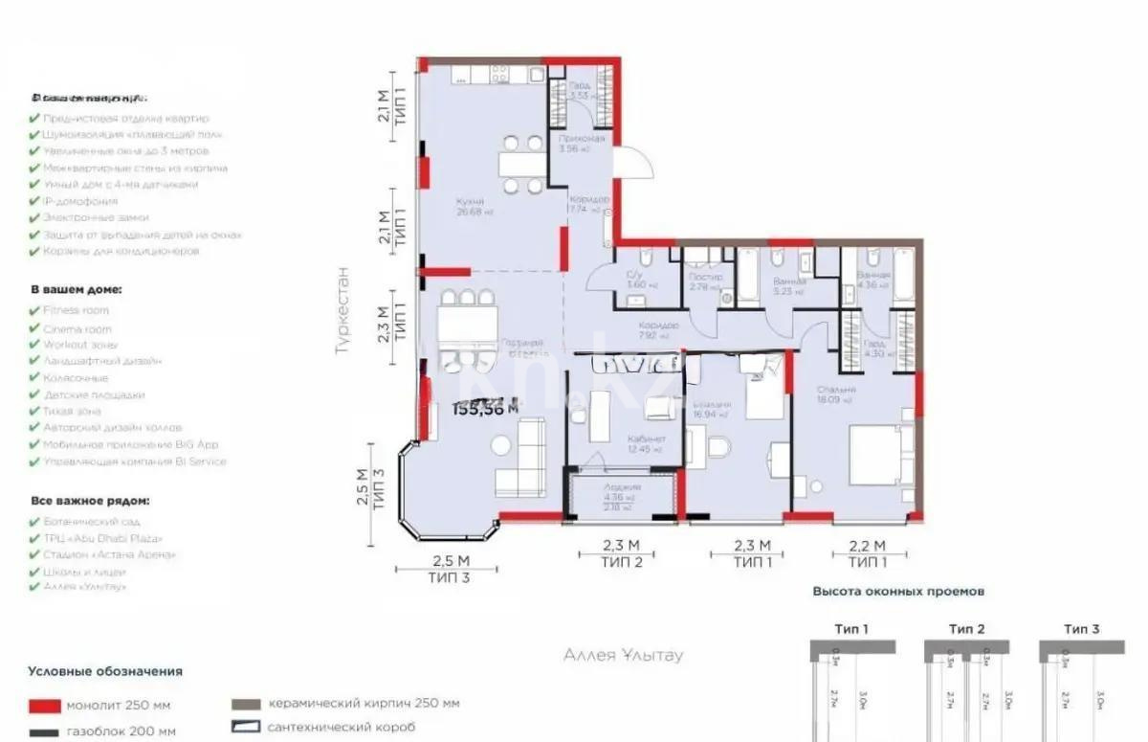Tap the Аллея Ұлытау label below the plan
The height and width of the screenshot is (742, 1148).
[x=623, y=656]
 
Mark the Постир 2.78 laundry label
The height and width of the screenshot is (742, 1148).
[x=705, y=281]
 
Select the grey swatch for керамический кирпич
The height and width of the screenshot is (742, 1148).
[x=246, y=704]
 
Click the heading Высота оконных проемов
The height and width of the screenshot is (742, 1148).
[x=897, y=592]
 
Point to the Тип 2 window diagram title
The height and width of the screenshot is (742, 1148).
[x=966, y=629]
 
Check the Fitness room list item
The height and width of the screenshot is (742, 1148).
[x=76, y=310]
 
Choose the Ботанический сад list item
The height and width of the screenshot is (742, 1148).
[x=91, y=522]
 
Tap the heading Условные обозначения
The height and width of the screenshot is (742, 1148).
[x=105, y=672]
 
